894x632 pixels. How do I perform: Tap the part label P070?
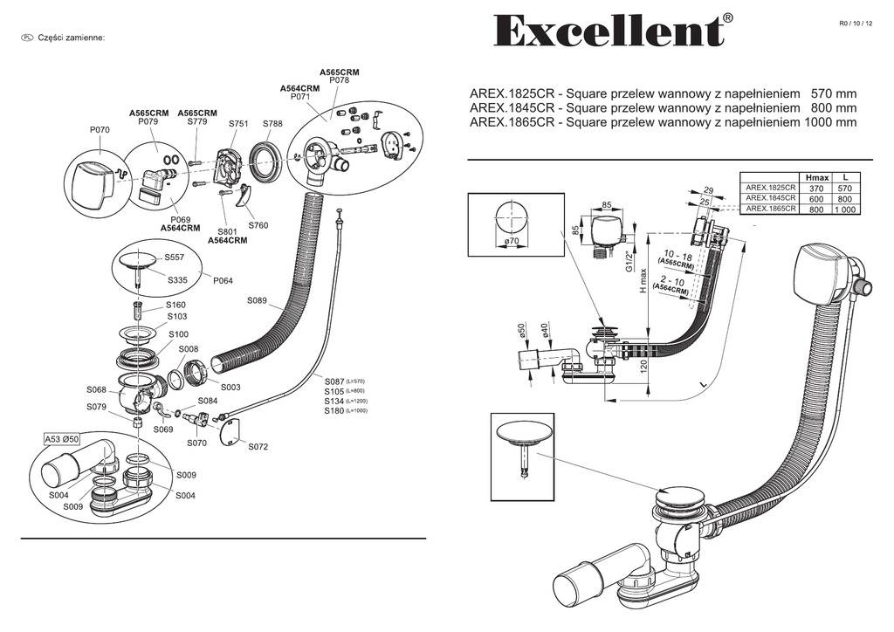coord(100,130)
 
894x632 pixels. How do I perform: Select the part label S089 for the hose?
coord(257,301)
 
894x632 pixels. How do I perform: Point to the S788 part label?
coord(272,125)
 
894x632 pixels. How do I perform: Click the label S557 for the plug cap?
coord(175,258)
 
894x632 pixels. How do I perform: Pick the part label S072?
coord(258,447)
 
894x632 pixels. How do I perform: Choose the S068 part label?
coord(96,389)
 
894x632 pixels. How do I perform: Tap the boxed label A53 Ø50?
coord(62,438)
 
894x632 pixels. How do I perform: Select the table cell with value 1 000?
coord(844,210)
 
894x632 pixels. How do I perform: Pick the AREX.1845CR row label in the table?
coord(770,198)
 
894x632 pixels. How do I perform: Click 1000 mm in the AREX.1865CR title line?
coord(829,123)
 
